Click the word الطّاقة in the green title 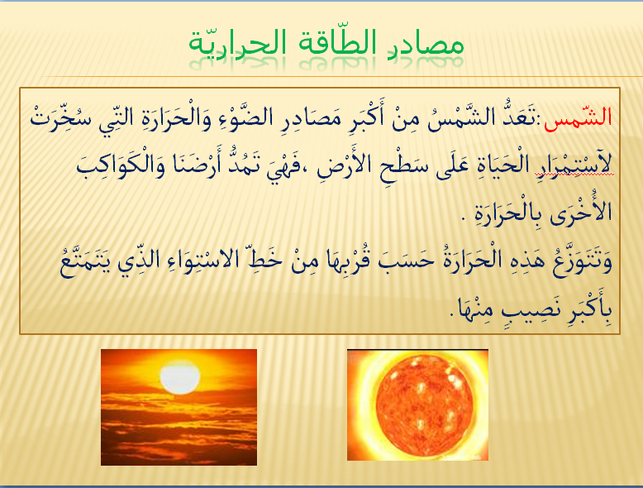click(x=331, y=42)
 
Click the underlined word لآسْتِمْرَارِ click(x=574, y=164)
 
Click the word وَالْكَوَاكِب click(x=121, y=164)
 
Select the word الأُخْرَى click(x=581, y=213)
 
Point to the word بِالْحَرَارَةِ click(x=508, y=213)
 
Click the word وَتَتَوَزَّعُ click(x=582, y=262)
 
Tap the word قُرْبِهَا click(x=344, y=261)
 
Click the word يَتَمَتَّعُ click(x=86, y=262)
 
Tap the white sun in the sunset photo click(x=179, y=377)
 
